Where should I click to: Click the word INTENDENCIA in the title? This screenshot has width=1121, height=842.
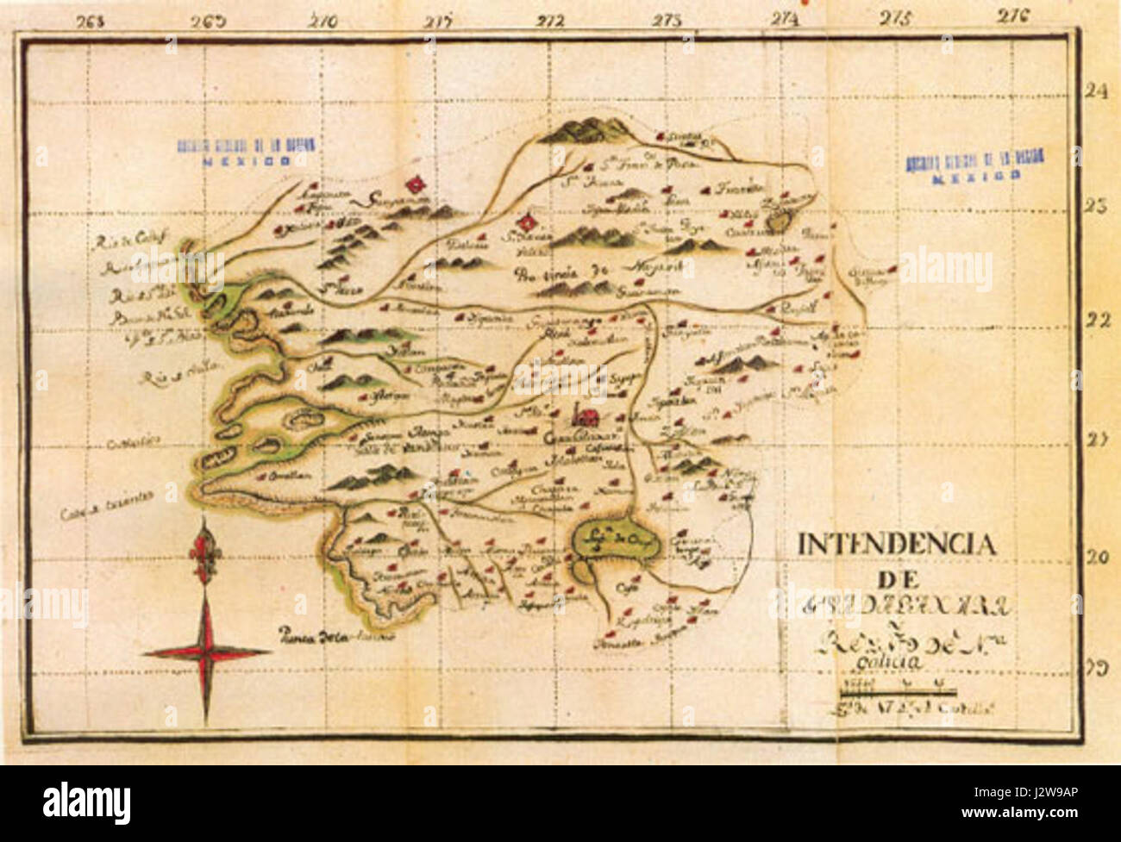pos(897,545)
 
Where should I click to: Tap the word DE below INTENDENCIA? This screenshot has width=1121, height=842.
pos(899,577)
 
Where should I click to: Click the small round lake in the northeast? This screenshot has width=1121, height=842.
pos(779,221)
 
